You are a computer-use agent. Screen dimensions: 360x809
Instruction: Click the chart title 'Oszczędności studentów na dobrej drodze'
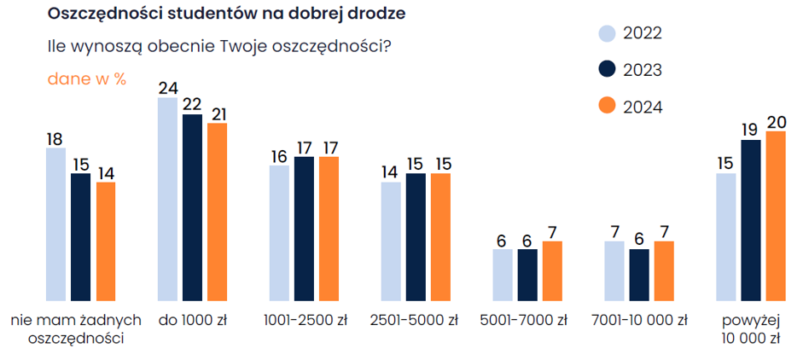point(226,15)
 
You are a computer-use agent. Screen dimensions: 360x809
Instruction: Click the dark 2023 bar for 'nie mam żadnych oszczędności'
point(80,237)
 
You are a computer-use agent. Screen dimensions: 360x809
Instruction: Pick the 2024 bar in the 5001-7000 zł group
point(553,270)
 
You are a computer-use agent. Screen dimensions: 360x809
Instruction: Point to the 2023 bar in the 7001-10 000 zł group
point(638,275)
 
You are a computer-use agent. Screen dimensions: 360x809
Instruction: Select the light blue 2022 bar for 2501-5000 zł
point(391,241)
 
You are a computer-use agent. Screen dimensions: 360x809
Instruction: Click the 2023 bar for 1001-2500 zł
point(304,229)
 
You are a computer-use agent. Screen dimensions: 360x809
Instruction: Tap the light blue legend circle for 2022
point(606,33)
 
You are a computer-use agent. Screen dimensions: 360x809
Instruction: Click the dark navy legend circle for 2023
point(606,70)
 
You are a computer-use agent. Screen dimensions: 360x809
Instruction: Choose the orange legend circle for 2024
point(606,107)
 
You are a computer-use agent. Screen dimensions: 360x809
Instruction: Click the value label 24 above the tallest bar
point(167,87)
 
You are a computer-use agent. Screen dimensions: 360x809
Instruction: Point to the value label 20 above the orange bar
point(776,121)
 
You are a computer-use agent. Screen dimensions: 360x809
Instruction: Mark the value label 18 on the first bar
point(55,138)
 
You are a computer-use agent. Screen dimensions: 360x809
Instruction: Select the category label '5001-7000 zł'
point(524,322)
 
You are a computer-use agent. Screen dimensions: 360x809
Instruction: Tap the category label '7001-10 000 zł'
point(638,322)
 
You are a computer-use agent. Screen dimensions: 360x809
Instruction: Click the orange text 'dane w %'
point(86,78)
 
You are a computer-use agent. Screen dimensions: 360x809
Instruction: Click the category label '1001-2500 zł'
point(305,322)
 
